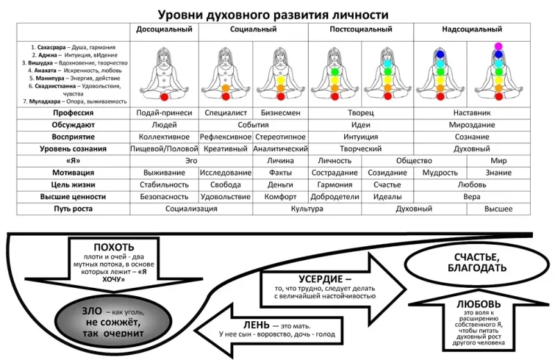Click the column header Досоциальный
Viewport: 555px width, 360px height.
(164, 29)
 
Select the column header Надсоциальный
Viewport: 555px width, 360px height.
(472, 29)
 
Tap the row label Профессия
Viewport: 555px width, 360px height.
(74, 113)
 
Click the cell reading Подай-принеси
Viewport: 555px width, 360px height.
(164, 113)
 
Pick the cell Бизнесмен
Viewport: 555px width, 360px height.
(280, 113)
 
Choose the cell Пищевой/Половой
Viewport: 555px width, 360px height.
(164, 149)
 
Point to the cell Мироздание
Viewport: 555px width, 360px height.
(472, 125)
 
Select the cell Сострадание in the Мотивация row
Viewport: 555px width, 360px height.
(334, 173)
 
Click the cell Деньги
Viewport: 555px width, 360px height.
(280, 185)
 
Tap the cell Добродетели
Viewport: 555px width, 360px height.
(334, 197)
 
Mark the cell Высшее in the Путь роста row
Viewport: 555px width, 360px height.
(498, 209)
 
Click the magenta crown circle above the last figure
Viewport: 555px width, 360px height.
(498, 46)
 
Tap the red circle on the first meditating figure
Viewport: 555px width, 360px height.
(164, 97)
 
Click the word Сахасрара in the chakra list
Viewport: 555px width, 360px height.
(51, 47)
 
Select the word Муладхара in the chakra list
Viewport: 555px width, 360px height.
(44, 101)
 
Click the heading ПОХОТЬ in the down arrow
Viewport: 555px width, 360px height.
(114, 247)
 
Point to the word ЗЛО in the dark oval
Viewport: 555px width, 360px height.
(92, 311)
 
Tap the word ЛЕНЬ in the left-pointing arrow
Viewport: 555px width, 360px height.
(256, 325)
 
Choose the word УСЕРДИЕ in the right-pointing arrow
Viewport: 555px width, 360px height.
(321, 279)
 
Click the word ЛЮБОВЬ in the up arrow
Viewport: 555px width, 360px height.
(479, 305)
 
